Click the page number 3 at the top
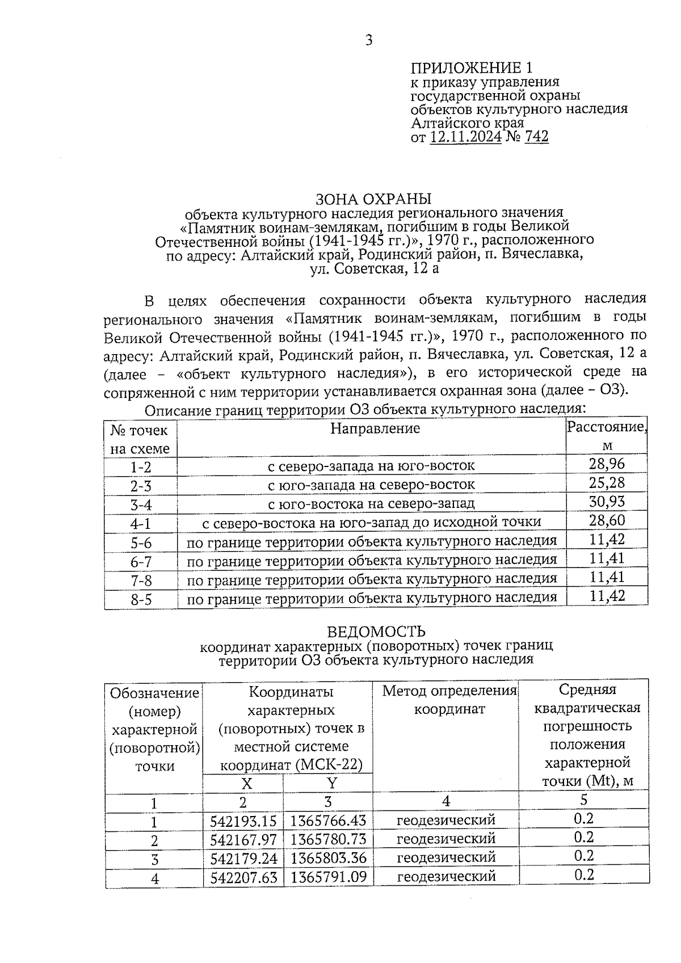pyautogui.click(x=369, y=40)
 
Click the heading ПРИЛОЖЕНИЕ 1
pyautogui.click(x=472, y=69)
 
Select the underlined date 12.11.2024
pyautogui.click(x=465, y=137)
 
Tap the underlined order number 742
pyautogui.click(x=536, y=137)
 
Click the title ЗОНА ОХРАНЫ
pyautogui.click(x=373, y=199)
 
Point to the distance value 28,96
pyautogui.click(x=607, y=464)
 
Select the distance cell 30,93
pyautogui.click(x=607, y=502)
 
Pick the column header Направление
pyautogui.click(x=375, y=428)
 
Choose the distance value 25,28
pyautogui.click(x=607, y=483)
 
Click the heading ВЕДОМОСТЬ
pyautogui.click(x=376, y=632)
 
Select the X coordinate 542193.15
pyautogui.click(x=243, y=821)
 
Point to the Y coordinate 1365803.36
pyautogui.click(x=329, y=857)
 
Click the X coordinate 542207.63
pyautogui.click(x=243, y=877)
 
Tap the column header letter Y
pyautogui.click(x=332, y=783)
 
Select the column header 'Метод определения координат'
pyautogui.click(x=449, y=700)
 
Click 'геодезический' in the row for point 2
pyautogui.click(x=445, y=839)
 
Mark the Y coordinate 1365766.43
pyautogui.click(x=329, y=821)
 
